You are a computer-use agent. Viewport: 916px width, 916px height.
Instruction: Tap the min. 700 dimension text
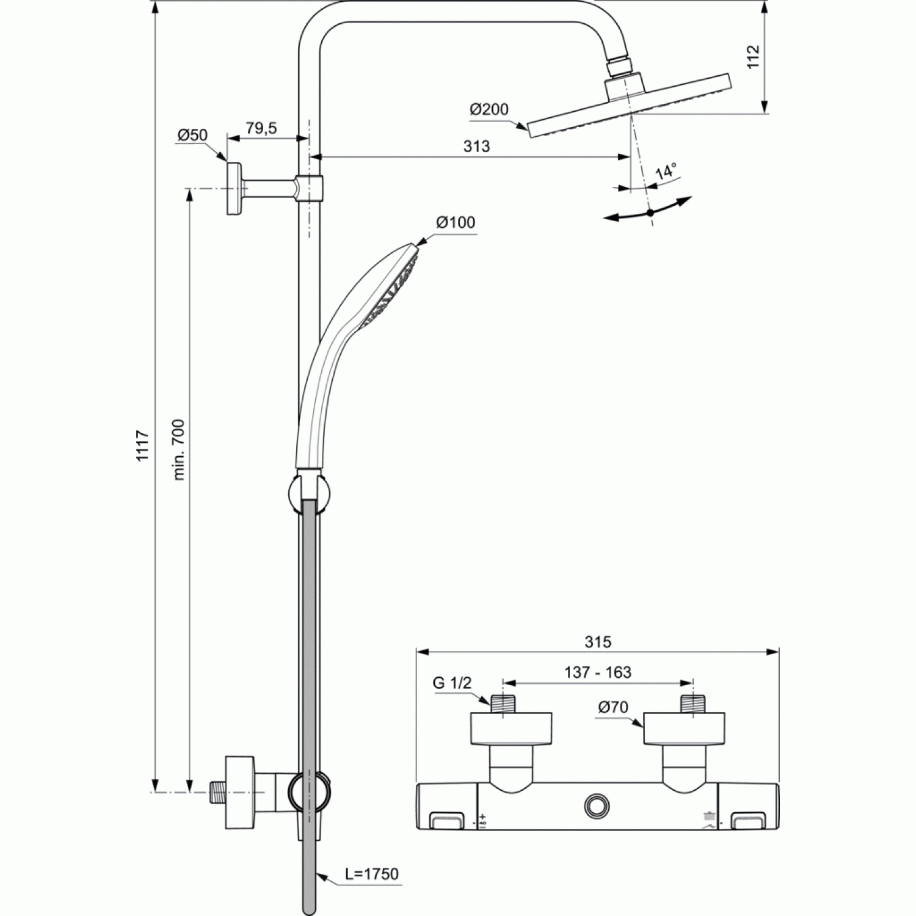pyautogui.click(x=179, y=449)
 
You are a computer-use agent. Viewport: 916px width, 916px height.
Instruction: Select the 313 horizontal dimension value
pyautogui.click(x=476, y=147)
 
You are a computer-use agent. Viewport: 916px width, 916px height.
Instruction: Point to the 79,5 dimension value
pyautogui.click(x=261, y=128)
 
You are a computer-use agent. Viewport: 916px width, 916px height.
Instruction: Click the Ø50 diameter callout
pyautogui.click(x=192, y=135)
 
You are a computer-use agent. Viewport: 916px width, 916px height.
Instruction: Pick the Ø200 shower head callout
pyautogui.click(x=489, y=110)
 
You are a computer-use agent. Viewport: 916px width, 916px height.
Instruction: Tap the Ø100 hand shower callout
pyautogui.click(x=456, y=222)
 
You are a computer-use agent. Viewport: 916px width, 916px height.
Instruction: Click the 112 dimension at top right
pyautogui.click(x=753, y=56)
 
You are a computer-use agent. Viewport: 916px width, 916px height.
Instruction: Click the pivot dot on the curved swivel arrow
pyautogui.click(x=650, y=213)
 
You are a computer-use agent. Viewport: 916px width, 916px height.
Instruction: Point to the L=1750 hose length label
pyautogui.click(x=371, y=874)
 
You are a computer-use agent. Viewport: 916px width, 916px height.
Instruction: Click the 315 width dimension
pyautogui.click(x=597, y=642)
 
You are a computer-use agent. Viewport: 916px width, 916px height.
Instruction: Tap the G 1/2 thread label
pyautogui.click(x=453, y=683)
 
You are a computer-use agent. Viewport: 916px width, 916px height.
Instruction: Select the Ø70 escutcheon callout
pyautogui.click(x=613, y=708)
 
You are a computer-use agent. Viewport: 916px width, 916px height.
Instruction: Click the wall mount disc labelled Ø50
pyautogui.click(x=234, y=188)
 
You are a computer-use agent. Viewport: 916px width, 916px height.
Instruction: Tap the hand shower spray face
pyautogui.click(x=391, y=287)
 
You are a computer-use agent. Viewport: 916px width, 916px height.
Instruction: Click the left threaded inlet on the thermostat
pyautogui.click(x=503, y=703)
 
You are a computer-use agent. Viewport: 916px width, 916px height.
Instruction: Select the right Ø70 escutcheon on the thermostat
pyautogui.click(x=684, y=729)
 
